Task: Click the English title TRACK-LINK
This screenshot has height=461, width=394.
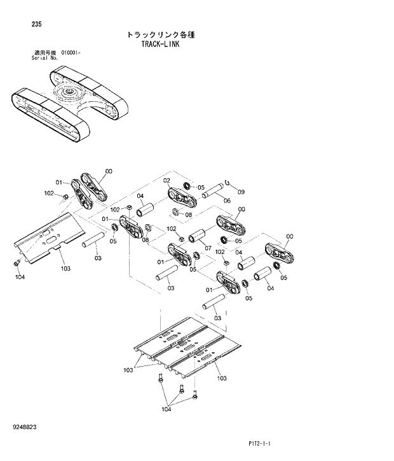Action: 158,45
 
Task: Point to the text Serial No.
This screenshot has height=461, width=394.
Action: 45,57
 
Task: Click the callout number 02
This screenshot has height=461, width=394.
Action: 166,180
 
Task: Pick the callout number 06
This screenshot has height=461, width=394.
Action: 227,201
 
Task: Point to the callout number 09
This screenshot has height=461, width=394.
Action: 241,192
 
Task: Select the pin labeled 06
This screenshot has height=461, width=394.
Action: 214,190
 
